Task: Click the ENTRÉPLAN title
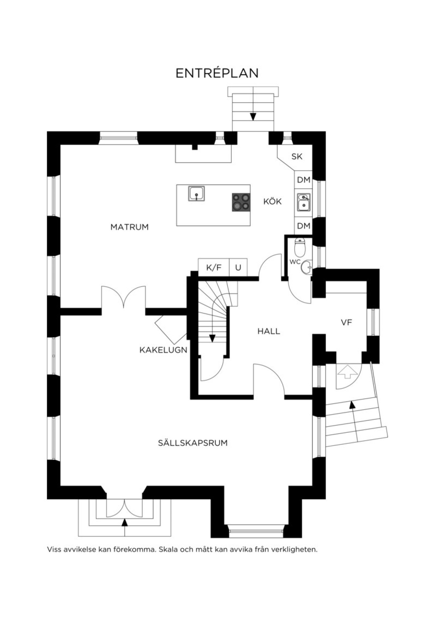pyautogui.click(x=217, y=73)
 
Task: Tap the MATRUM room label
pyautogui.click(x=129, y=227)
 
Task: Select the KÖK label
pyautogui.click(x=272, y=201)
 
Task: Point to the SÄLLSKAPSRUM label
pyautogui.click(x=193, y=443)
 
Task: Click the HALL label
pyautogui.click(x=269, y=331)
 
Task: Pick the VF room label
pyautogui.click(x=347, y=322)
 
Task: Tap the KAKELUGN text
pyautogui.click(x=163, y=350)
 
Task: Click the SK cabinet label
pyautogui.click(x=296, y=157)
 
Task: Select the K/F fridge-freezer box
pyautogui.click(x=214, y=267)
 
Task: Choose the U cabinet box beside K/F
pyautogui.click(x=238, y=267)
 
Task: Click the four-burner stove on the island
pyautogui.click(x=241, y=202)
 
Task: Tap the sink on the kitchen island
pyautogui.click(x=197, y=193)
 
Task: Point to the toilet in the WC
pyautogui.click(x=300, y=247)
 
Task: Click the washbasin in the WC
pyautogui.click(x=307, y=267)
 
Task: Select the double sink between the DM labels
pyautogui.click(x=304, y=202)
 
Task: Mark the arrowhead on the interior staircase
pyautogui.click(x=212, y=338)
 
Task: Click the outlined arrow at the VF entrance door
pyautogui.click(x=348, y=372)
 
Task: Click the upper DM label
pyautogui.click(x=303, y=180)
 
